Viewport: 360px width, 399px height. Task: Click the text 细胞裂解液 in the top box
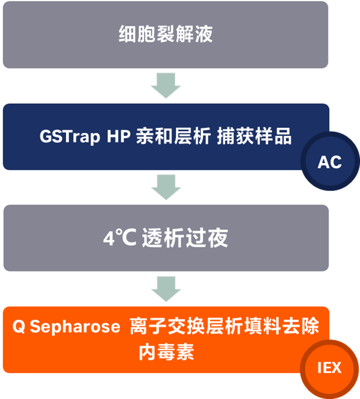click(x=165, y=34)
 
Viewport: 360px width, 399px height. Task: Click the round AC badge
click(x=330, y=162)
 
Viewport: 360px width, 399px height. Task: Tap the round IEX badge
click(x=330, y=368)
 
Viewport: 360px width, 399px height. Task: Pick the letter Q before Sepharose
click(x=18, y=327)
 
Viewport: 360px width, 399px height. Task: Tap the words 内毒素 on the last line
click(x=166, y=353)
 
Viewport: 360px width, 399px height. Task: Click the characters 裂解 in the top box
click(x=165, y=34)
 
